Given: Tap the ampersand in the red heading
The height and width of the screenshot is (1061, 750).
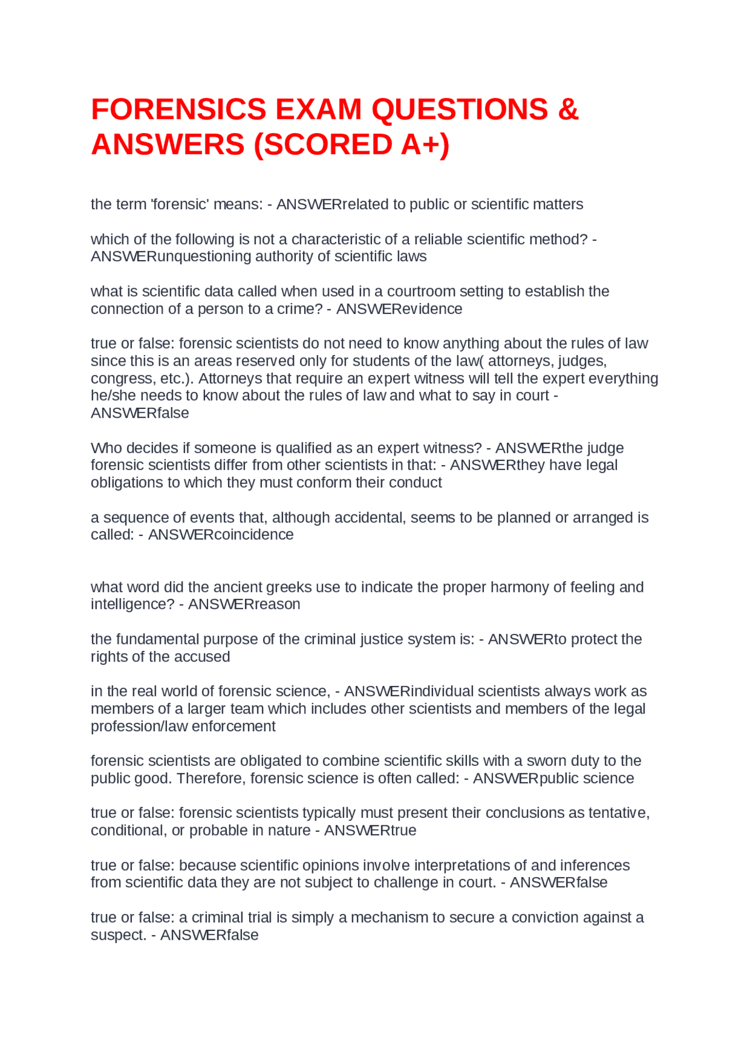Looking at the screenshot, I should pyautogui.click(x=568, y=110).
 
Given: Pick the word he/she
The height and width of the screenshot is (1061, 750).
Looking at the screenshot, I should pyautogui.click(x=114, y=395).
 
